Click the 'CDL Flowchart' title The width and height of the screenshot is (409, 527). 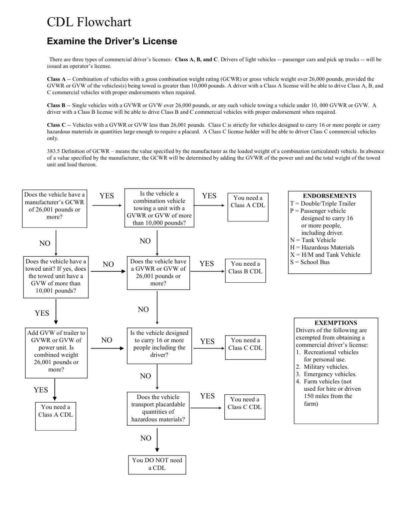(89, 22)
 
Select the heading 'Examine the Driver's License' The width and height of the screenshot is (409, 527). (112, 41)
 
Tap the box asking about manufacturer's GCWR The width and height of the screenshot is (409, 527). (55, 208)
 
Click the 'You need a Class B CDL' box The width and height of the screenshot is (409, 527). (245, 271)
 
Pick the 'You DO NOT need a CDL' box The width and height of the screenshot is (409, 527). (157, 464)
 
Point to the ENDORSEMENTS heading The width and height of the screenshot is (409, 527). (329, 196)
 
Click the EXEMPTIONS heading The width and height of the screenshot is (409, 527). (336, 323)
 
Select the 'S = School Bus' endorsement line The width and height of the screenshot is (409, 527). (310, 262)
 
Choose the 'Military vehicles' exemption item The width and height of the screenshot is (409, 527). (326, 367)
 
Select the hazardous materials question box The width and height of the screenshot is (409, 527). (158, 409)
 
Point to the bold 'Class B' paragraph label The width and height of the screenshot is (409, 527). (56, 105)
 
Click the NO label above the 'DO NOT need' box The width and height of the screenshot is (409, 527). (146, 438)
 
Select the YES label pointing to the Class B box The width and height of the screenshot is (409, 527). (207, 264)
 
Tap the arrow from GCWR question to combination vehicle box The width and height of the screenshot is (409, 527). (107, 205)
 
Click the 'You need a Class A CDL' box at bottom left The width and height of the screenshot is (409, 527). (56, 416)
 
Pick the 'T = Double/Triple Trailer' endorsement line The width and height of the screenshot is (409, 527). (323, 203)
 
